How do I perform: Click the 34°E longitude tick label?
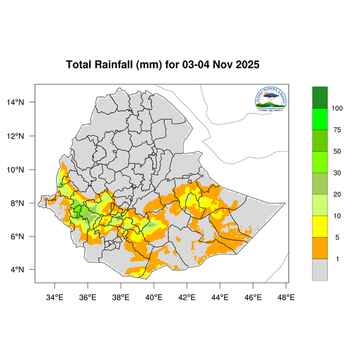[x=55, y=295]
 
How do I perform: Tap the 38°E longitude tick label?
[x=121, y=295]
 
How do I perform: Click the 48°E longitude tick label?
[x=286, y=295]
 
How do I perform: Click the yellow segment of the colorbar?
[x=320, y=227]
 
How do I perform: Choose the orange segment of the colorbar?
[x=320, y=248]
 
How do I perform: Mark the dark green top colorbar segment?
[x=320, y=97]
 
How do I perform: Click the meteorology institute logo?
[x=271, y=100]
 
